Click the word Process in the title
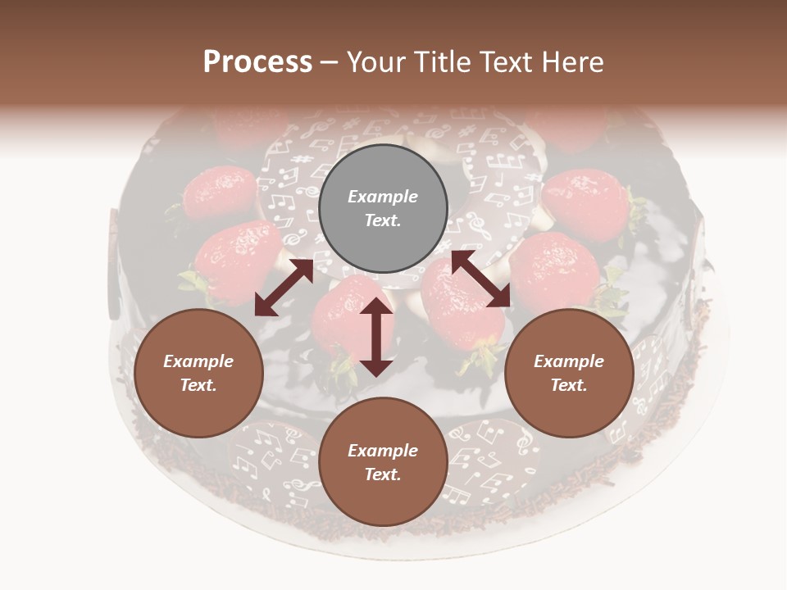click(x=257, y=62)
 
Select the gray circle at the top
click(x=383, y=209)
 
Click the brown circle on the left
click(x=198, y=373)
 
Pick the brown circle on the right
click(x=569, y=373)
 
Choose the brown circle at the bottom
click(x=383, y=462)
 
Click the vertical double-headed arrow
click(x=376, y=337)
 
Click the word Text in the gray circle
click(x=382, y=221)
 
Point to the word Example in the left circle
click(x=198, y=361)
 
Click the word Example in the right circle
click(x=569, y=361)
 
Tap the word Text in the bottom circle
click(x=382, y=474)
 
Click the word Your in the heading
click(x=375, y=62)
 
